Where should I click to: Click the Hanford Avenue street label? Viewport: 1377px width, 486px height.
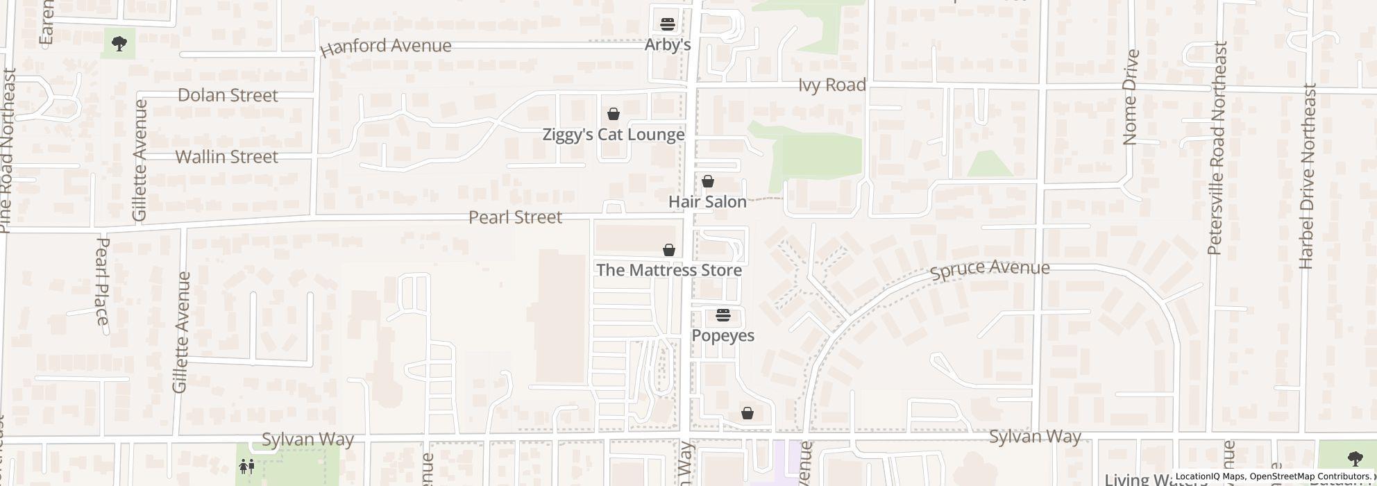386,47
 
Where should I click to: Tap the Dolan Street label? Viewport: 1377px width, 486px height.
228,95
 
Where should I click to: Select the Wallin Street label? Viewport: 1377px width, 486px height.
227,157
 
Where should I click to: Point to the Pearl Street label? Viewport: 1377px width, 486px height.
515,217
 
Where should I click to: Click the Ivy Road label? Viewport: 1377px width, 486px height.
832,85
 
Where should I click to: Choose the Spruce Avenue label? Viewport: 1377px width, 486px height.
990,269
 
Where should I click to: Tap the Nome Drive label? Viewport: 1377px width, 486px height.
1130,97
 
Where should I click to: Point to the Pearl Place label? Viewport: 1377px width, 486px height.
102,281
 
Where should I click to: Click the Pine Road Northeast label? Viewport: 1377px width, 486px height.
7,150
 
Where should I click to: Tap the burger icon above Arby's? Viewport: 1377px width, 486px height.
668,24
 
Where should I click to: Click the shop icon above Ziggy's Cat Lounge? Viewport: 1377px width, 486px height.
614,114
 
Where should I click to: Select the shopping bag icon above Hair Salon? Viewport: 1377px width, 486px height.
708,181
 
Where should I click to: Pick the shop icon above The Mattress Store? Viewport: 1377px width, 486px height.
669,250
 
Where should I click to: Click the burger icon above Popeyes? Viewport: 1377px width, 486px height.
723,316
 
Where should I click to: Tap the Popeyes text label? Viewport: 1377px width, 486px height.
723,336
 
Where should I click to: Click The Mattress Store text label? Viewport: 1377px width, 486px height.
669,270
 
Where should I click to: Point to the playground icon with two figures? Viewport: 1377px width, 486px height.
246,467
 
